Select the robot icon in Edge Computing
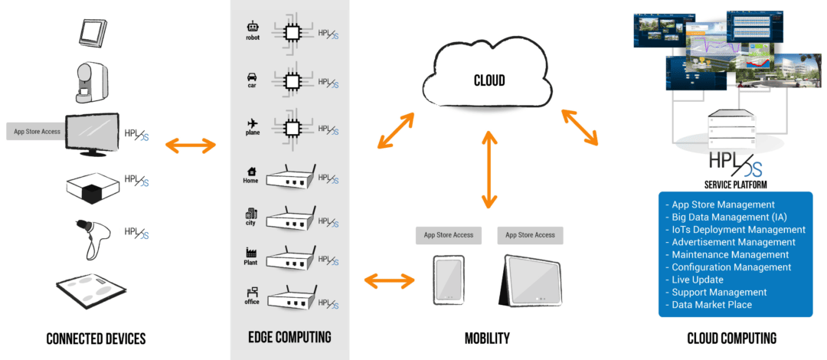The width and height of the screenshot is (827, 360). click(253, 27)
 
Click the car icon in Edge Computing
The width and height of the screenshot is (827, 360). click(252, 77)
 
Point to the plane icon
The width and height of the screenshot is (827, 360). click(252, 123)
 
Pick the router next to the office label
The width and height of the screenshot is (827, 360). click(289, 296)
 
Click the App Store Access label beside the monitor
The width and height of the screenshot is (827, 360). click(37, 132)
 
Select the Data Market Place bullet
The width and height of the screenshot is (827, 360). click(712, 304)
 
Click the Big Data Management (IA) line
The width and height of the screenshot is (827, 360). click(735, 217)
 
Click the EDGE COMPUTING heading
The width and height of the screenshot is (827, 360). click(289, 338)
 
